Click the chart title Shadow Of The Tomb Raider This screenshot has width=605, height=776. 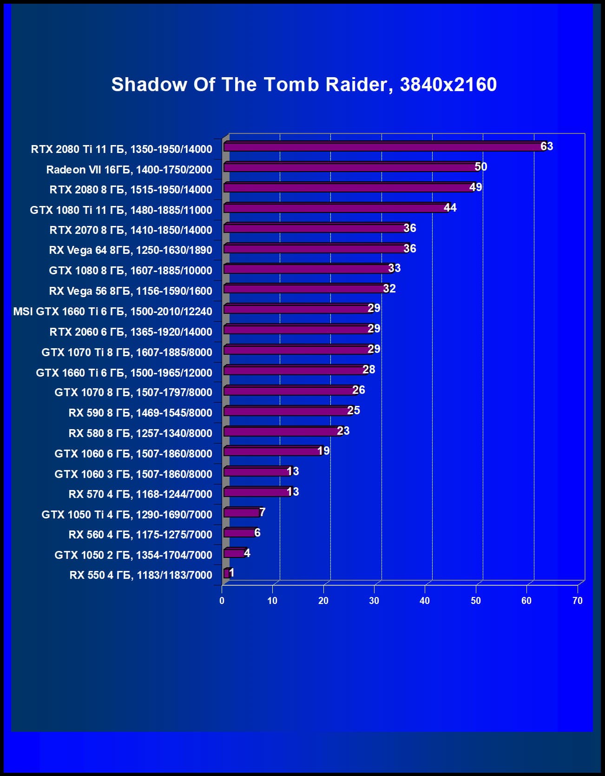pos(304,85)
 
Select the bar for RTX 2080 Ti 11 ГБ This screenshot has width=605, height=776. pos(383,146)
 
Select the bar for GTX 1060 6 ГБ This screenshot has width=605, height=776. pos(272,451)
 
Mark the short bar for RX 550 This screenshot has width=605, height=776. pos(226,573)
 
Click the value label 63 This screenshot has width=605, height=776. pos(547,146)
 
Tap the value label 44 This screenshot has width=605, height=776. pos(450,207)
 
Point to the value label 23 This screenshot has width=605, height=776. pos(343,431)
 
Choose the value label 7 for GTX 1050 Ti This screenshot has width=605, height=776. pos(262,512)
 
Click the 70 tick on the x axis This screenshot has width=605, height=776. pos(577,601)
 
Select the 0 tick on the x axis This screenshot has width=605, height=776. pos(222,601)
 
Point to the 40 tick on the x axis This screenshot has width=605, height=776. pos(425,601)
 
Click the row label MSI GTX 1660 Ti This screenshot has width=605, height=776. pos(112,311)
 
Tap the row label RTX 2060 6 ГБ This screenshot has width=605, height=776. pos(131,332)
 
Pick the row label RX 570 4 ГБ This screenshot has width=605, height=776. pos(140,494)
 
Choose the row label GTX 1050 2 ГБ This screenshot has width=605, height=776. pos(133,555)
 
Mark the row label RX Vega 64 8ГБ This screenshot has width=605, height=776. pos(130,250)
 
